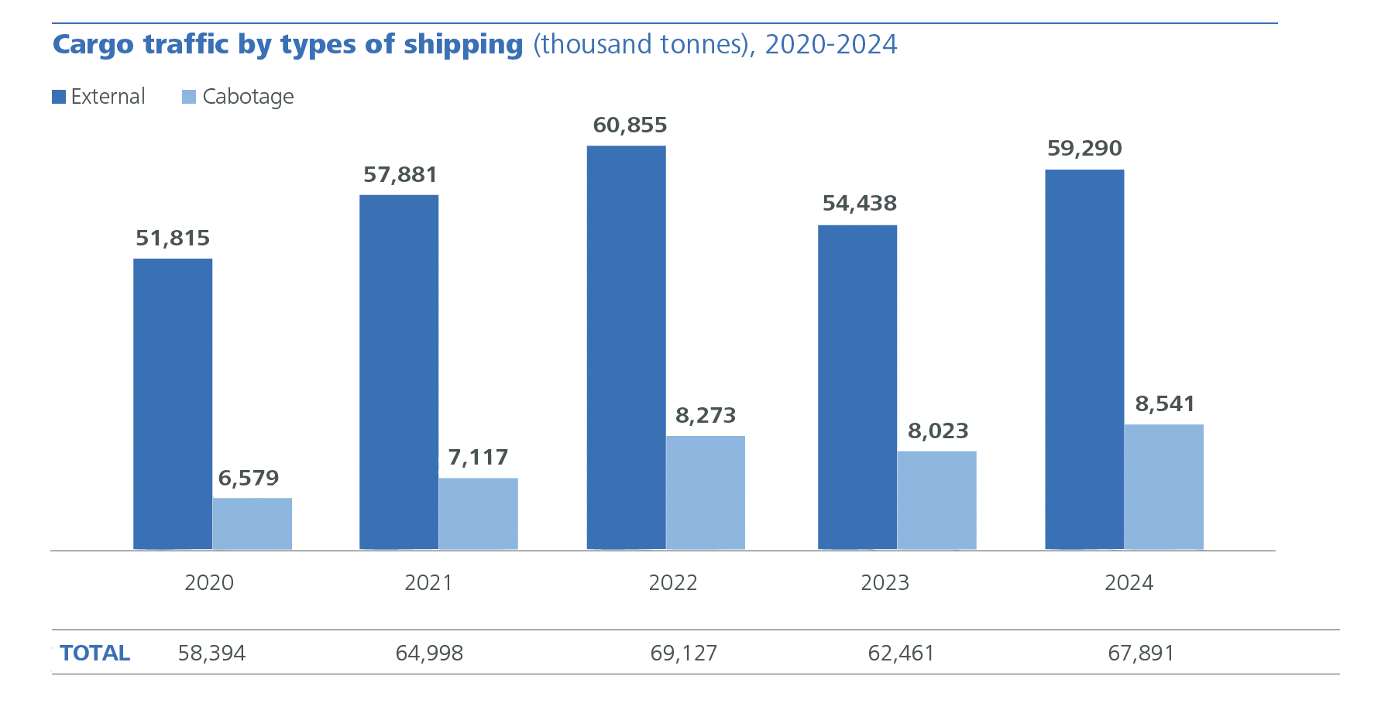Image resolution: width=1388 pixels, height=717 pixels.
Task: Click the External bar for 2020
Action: (x=173, y=403)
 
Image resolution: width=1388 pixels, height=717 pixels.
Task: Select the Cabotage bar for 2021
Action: (x=478, y=513)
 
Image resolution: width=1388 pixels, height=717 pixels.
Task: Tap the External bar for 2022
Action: (x=626, y=348)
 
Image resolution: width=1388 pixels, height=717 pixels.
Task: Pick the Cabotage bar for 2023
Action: (x=936, y=500)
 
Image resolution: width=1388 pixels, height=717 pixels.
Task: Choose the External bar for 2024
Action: (x=1084, y=359)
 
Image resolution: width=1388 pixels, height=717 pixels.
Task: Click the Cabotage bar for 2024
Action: (x=1163, y=486)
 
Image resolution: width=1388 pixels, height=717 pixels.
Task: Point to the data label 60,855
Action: (x=630, y=125)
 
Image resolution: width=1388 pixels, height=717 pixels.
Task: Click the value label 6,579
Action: (x=249, y=478)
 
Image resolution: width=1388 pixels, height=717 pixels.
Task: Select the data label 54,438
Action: (x=859, y=204)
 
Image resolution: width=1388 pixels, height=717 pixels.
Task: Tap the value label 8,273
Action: (x=706, y=416)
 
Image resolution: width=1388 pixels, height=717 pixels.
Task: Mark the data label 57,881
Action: (x=400, y=175)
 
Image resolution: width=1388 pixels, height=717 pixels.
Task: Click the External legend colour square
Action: (x=59, y=97)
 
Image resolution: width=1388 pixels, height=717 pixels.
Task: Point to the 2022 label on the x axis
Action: (x=672, y=582)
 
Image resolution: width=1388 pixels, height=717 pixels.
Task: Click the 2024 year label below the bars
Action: (x=1129, y=582)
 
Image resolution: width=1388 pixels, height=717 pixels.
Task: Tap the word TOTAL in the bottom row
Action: (x=94, y=653)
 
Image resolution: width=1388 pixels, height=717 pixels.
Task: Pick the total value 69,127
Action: (x=683, y=653)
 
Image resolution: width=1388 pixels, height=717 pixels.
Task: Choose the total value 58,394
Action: (x=211, y=653)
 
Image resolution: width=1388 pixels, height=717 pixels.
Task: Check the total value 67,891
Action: (x=1141, y=653)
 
